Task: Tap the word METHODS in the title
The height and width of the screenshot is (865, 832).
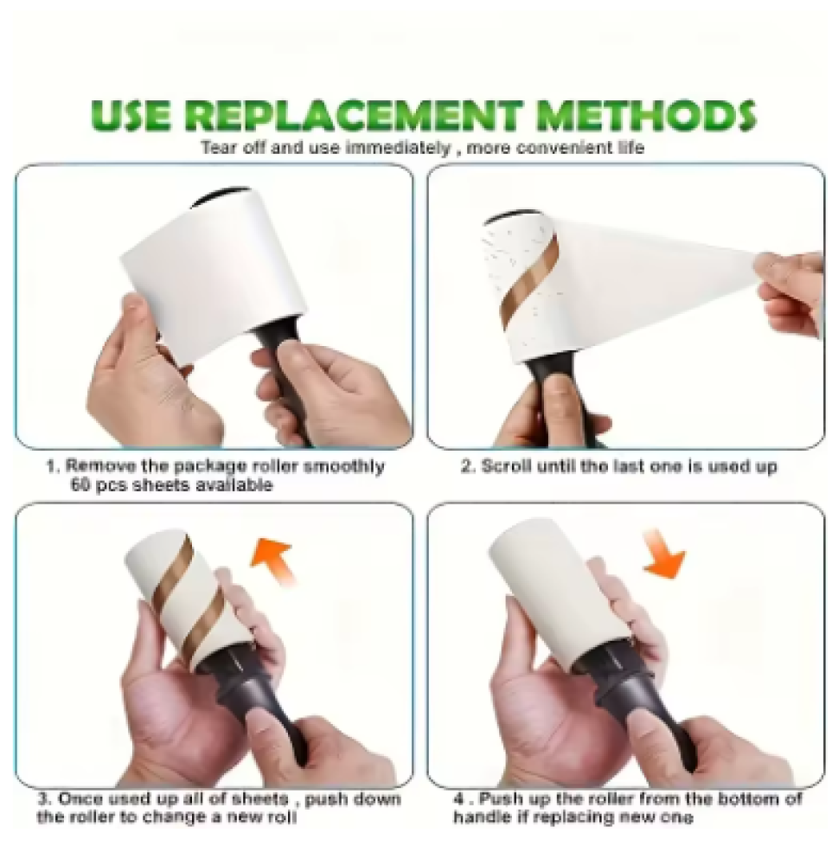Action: pyautogui.click(x=648, y=116)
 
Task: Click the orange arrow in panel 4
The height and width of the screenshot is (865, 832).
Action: pyautogui.click(x=663, y=554)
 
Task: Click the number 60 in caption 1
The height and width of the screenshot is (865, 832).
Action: pyautogui.click(x=80, y=485)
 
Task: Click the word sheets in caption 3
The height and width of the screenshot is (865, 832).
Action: pyautogui.click(x=259, y=798)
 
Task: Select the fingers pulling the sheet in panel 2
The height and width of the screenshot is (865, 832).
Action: pyautogui.click(x=790, y=292)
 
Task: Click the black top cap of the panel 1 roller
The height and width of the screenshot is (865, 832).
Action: pyautogui.click(x=220, y=196)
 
